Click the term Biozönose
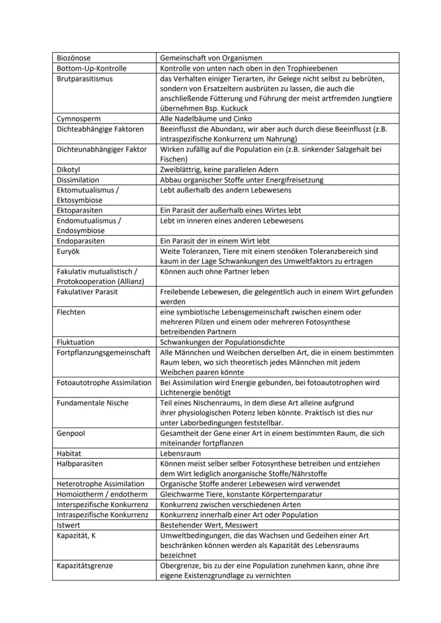(73, 58)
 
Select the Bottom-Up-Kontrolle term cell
(91, 68)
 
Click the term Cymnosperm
(79, 119)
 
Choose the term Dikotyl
(68, 170)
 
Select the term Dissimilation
(78, 180)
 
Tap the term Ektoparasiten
(79, 210)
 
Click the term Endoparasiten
(80, 240)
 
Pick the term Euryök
(68, 251)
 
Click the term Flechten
(71, 312)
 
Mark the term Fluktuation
(76, 342)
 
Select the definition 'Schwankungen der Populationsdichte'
(222, 342)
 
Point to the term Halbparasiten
(80, 463)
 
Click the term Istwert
(69, 525)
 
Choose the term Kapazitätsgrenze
(85, 566)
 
